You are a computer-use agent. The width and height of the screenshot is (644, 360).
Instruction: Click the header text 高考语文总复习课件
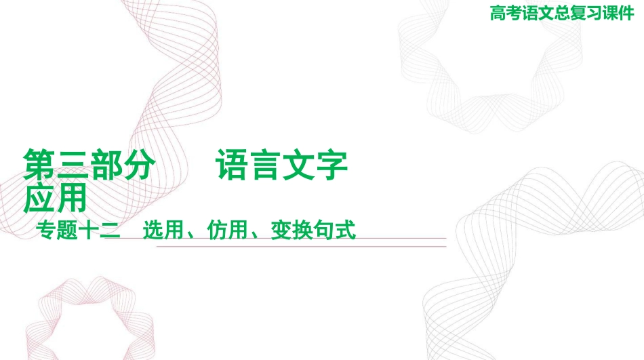[x=562, y=13]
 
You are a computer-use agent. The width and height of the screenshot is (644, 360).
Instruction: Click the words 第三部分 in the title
[x=89, y=165]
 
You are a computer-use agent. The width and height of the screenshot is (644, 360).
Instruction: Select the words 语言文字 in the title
[x=282, y=165]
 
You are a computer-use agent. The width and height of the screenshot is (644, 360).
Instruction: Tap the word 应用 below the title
[x=55, y=198]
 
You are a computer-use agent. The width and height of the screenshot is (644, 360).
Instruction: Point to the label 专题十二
[x=78, y=230]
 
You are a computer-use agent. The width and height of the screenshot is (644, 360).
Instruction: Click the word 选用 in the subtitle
[x=163, y=230]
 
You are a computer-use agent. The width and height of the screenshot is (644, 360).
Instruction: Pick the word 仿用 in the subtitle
[x=227, y=230]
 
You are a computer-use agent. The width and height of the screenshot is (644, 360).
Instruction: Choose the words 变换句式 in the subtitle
[x=313, y=230]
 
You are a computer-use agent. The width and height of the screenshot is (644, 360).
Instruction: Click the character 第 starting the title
[x=39, y=165]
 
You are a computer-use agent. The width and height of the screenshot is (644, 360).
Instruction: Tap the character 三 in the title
[x=73, y=165]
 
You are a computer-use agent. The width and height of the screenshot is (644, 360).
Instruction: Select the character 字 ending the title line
[x=332, y=165]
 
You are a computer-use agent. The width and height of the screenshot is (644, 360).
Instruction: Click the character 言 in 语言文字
[x=266, y=165]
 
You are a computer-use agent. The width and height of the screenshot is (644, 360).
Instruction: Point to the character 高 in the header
[x=498, y=13]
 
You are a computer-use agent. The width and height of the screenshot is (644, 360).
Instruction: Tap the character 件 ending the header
[x=626, y=13]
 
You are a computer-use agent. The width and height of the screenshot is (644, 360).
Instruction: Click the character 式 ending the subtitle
[x=346, y=230]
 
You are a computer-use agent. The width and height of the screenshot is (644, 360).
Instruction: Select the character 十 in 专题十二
[x=89, y=230]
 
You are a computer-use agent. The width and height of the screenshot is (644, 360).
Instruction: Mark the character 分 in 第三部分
[x=139, y=165]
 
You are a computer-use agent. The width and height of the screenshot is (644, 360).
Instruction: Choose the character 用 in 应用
[x=71, y=198]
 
